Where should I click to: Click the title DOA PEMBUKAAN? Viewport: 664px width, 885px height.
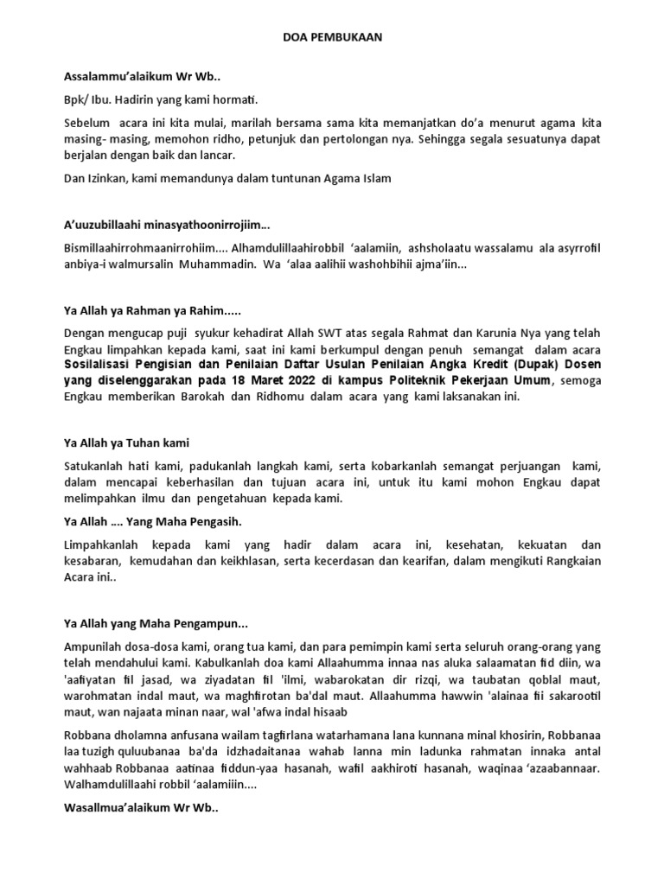(332, 38)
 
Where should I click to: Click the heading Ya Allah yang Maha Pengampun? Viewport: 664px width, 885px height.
(156, 623)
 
